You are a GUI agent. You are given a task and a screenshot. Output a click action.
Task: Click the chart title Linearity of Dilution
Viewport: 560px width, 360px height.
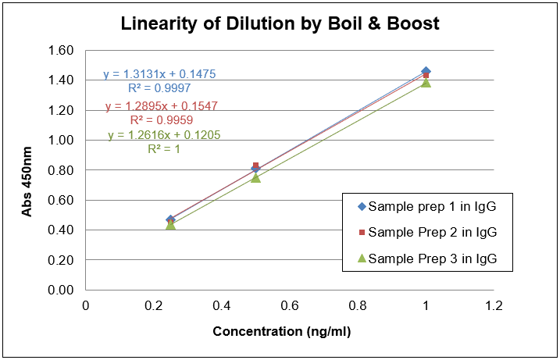coord(280,23)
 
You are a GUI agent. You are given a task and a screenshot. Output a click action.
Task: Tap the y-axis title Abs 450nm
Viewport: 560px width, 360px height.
coord(26,171)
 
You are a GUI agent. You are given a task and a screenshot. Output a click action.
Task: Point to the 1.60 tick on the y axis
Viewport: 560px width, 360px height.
coord(61,51)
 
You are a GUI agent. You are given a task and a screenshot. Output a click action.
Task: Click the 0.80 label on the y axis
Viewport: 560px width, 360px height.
coord(61,170)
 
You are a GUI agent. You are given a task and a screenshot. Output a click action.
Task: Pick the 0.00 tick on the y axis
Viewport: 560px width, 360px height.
coord(61,290)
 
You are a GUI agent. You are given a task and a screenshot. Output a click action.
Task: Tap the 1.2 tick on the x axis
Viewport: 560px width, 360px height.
coord(493,305)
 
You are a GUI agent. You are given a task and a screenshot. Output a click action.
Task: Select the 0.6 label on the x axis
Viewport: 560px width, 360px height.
coord(289,305)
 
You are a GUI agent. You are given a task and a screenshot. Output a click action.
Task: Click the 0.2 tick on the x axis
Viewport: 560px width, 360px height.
coord(153,305)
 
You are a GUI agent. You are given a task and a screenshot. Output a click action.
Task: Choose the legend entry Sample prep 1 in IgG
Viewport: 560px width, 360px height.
coord(432,207)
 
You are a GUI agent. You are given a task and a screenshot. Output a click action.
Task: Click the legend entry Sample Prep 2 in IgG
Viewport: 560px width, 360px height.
coord(432,232)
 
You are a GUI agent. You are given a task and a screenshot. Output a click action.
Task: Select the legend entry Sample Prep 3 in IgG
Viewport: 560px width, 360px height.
coord(432,258)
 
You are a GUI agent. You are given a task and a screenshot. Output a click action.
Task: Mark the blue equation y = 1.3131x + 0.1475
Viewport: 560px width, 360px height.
coord(159,74)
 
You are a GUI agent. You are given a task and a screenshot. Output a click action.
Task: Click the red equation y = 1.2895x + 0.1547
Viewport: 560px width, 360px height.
coord(161,106)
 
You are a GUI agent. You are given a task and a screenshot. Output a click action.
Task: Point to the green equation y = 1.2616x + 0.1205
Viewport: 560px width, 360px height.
coord(164,135)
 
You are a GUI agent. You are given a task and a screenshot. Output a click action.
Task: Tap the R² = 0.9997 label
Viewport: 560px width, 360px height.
coord(159,87)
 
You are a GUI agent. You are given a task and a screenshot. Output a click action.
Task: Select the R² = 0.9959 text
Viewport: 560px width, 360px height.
coord(161,120)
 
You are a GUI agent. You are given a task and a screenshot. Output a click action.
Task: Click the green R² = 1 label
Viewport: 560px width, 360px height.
coord(164,148)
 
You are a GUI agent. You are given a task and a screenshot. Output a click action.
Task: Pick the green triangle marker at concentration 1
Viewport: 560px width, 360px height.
coord(426,82)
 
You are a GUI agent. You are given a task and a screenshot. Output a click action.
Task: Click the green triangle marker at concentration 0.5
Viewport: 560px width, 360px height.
coord(255,177)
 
